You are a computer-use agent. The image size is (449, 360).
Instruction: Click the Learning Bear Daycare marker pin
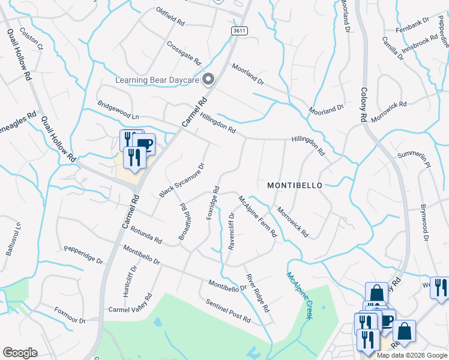click(209, 79)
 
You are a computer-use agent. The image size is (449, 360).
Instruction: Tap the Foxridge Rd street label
click(212, 202)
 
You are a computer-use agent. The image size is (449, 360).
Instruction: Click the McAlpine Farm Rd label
click(257, 215)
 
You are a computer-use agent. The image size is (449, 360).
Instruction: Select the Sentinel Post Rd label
click(228, 310)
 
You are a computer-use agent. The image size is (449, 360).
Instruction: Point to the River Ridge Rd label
click(256, 292)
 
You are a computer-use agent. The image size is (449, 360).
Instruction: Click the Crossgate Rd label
click(183, 52)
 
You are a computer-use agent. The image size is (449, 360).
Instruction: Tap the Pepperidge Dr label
click(83, 253)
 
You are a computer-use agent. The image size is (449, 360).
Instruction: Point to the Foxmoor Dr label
click(70, 315)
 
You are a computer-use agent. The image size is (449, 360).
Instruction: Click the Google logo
click(20, 353)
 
